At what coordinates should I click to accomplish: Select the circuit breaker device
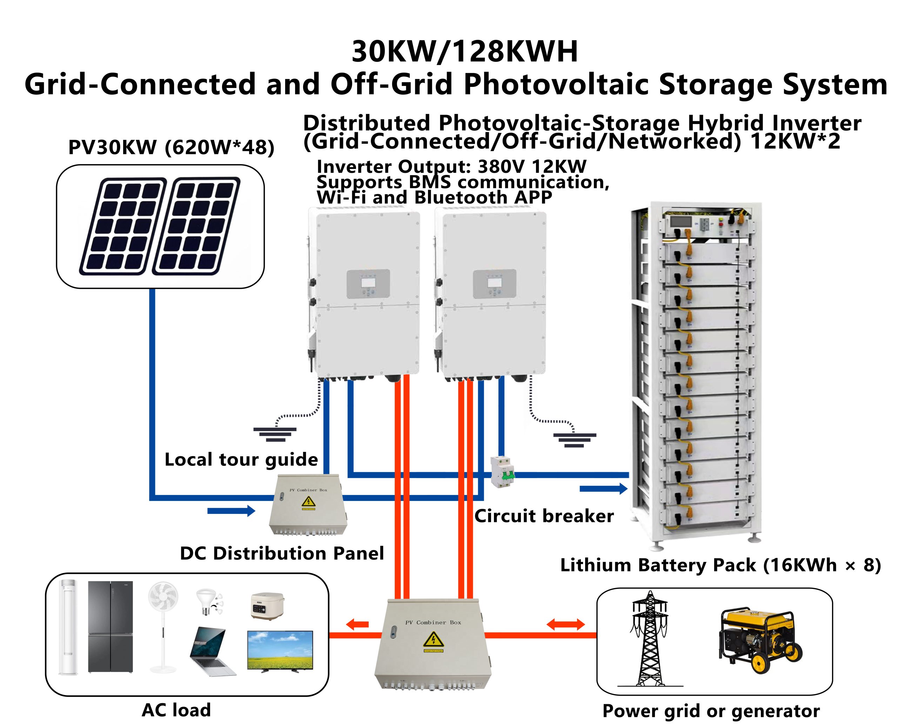click(x=502, y=471)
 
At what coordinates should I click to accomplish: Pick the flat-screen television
click(x=280, y=650)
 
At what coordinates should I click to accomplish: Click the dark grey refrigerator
click(x=110, y=626)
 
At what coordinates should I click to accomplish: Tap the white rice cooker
click(x=267, y=605)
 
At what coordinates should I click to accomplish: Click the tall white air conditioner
click(x=68, y=626)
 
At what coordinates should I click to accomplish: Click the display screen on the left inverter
click(x=368, y=283)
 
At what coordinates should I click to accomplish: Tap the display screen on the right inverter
click(x=495, y=283)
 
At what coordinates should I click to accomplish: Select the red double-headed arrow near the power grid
click(x=566, y=625)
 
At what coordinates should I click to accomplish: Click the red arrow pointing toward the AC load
click(x=357, y=624)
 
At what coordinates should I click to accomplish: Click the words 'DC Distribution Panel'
click(x=282, y=553)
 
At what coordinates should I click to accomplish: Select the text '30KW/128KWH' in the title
click(x=465, y=52)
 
